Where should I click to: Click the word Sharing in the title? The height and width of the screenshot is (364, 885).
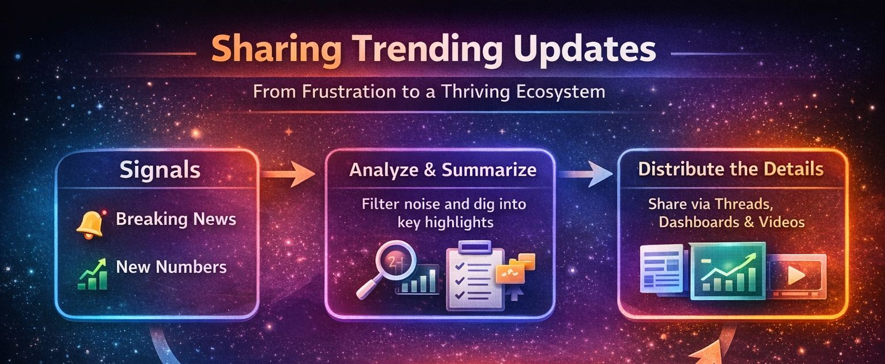(276, 48)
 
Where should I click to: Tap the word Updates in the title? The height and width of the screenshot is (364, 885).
(585, 48)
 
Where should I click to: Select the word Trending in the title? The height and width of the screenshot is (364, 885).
(428, 48)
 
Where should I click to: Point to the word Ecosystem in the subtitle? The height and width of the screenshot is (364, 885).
(561, 92)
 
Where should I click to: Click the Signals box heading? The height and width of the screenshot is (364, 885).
(160, 170)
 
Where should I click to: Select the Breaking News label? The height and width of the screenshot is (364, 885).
(176, 219)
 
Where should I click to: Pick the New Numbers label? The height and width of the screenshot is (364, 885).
(171, 267)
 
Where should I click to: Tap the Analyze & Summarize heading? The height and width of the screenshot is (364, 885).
(443, 170)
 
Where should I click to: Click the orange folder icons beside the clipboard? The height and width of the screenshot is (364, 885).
(516, 268)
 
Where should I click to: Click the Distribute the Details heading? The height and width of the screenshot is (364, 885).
(731, 169)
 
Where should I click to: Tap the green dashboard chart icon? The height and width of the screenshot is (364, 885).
(728, 271)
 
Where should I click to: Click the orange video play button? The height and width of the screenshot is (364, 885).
(796, 275)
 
